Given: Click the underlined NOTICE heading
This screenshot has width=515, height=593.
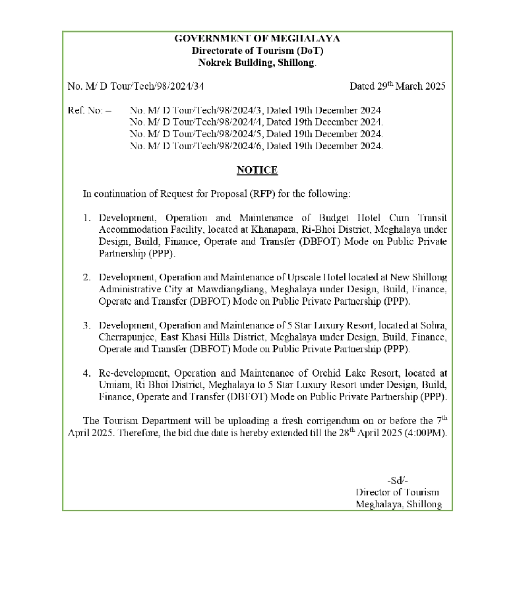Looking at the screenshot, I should [x=257, y=170].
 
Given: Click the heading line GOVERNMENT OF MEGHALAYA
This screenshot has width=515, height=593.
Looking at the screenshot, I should [x=257, y=39].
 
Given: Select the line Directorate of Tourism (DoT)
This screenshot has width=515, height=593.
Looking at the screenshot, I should [x=257, y=51].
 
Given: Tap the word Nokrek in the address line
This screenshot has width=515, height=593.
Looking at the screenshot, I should [x=215, y=63].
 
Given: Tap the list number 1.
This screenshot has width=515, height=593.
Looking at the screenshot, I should [x=86, y=218].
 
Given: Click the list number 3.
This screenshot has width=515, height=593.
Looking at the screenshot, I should [x=86, y=325].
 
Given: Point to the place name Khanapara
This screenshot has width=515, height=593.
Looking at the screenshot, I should [x=273, y=230].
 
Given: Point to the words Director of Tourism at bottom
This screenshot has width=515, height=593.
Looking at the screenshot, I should [x=397, y=492].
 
